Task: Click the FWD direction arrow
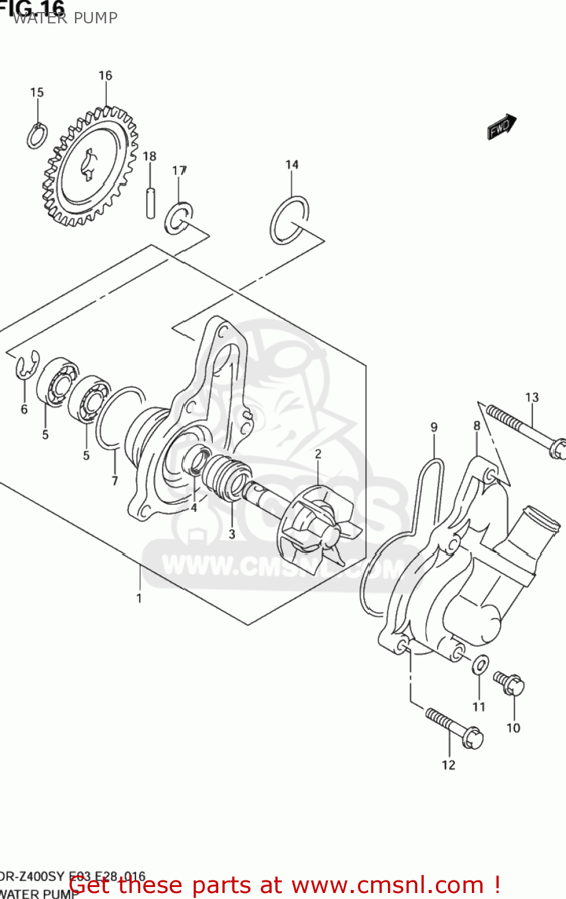[501, 126]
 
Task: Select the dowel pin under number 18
[150, 203]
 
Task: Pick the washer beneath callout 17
[177, 219]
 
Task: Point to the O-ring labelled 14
[289, 220]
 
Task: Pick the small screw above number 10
[509, 683]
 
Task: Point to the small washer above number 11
[480, 664]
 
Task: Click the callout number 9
[434, 427]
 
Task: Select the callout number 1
[139, 598]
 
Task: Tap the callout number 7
[115, 481]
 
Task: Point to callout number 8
[477, 426]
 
